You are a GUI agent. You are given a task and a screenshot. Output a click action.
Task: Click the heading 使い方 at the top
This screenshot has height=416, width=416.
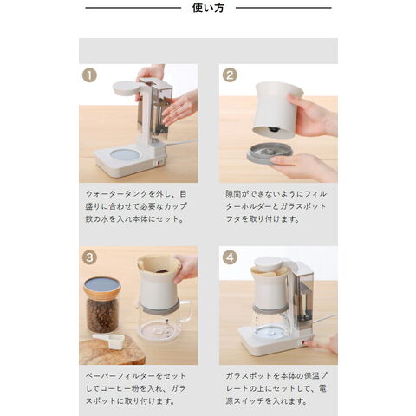tap(208, 8)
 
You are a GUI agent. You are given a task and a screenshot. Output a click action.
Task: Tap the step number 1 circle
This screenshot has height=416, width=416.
tap(89, 75)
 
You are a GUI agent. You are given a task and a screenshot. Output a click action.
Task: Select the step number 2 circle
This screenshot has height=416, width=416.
tap(230, 75)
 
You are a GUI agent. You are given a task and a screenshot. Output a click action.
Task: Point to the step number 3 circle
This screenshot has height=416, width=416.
tap(89, 257)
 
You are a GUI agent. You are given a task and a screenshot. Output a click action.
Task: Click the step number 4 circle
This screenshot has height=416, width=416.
tap(230, 257)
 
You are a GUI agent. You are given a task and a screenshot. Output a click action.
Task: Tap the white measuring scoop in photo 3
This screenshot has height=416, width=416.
tap(109, 340)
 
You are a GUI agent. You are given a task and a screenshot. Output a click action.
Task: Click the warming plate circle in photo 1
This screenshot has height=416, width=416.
tap(125, 155)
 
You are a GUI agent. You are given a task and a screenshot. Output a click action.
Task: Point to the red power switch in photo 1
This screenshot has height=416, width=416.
tap(158, 163)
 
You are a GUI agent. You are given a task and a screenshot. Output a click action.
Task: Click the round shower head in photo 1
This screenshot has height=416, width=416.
tap(126, 88)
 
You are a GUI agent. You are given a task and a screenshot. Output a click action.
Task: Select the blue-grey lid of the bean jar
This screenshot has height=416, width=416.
tap(102, 284)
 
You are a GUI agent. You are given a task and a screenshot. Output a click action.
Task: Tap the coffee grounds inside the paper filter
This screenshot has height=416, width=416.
tap(159, 271)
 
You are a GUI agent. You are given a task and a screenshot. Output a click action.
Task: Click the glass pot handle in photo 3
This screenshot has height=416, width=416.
tap(186, 311)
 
